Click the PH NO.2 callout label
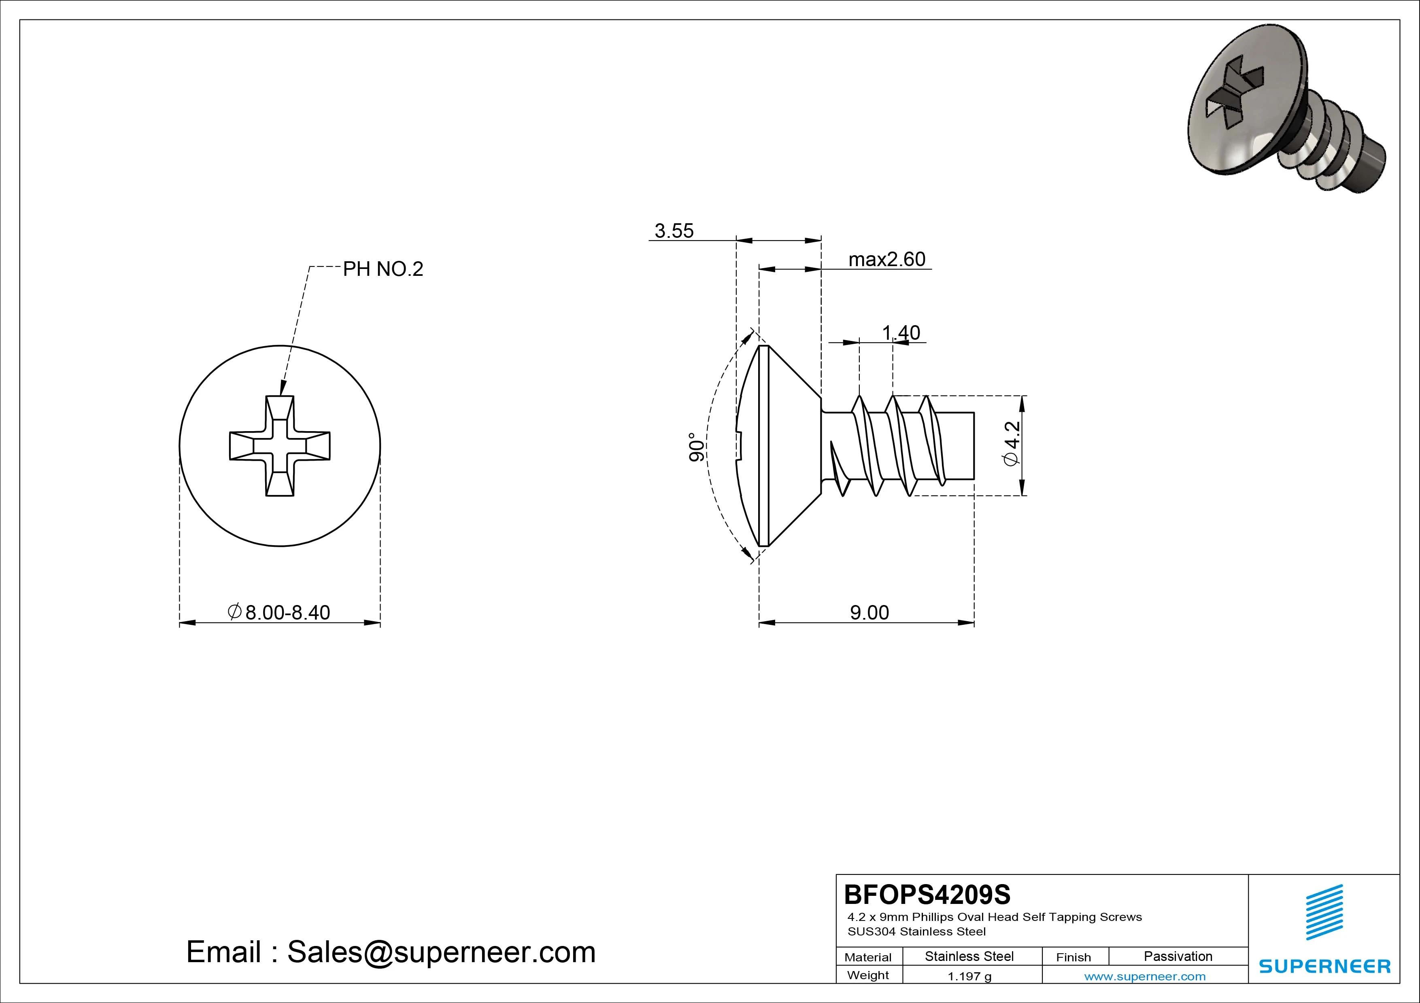point(383,269)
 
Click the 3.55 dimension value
point(674,231)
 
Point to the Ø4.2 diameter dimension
point(1012,444)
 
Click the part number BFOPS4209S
point(927,894)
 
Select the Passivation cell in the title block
point(1178,956)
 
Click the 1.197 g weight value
point(969,976)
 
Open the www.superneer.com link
point(1145,976)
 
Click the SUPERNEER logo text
point(1324,966)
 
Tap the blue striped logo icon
point(1324,912)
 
